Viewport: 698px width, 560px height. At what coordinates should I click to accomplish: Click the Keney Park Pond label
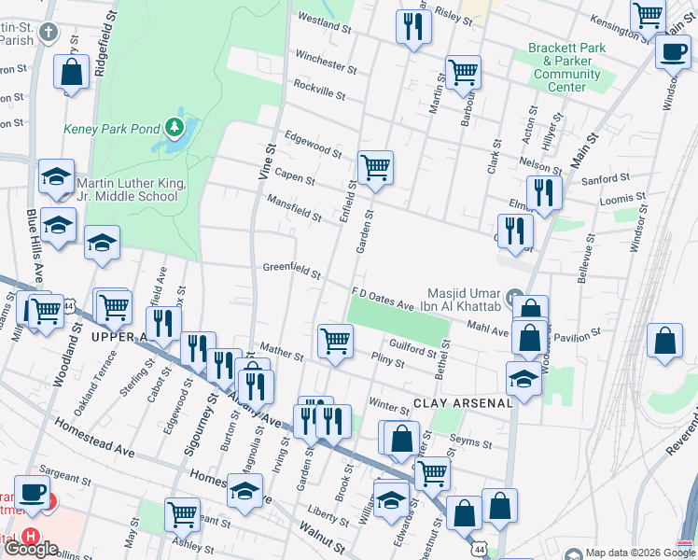click(x=111, y=128)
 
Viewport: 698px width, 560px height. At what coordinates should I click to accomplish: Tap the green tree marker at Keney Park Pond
click(x=173, y=127)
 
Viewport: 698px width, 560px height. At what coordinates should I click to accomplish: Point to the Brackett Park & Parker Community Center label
click(x=566, y=67)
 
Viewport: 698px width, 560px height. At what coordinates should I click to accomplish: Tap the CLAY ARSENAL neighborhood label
click(x=464, y=402)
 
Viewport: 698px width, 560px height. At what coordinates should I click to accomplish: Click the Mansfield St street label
click(x=294, y=208)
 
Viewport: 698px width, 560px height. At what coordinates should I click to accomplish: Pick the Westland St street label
click(x=323, y=22)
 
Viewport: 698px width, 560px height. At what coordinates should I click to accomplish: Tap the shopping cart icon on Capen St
click(x=375, y=169)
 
